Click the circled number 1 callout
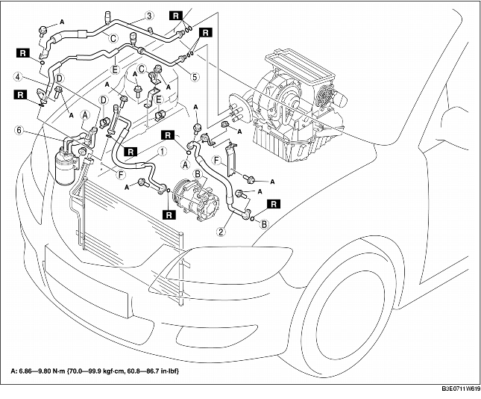click(162, 149)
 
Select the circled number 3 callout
click(148, 16)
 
